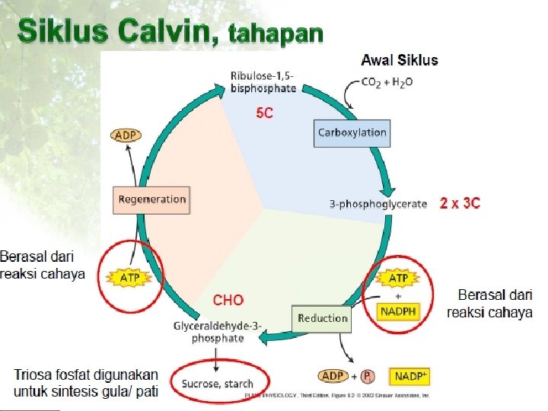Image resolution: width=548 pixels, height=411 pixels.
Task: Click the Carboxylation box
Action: pyautogui.click(x=352, y=132)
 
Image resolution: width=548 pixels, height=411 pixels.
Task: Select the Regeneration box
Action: pyautogui.click(x=151, y=199)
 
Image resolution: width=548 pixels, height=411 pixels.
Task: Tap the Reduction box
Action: pyautogui.click(x=323, y=318)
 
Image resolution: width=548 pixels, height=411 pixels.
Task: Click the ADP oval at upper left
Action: pyautogui.click(x=125, y=135)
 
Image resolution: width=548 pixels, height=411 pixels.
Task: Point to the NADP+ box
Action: pyautogui.click(x=411, y=377)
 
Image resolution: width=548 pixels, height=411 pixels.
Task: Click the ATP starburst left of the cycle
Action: pyautogui.click(x=130, y=278)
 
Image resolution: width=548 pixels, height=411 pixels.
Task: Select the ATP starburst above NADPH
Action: pyautogui.click(x=398, y=279)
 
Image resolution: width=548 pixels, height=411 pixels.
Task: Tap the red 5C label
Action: pyautogui.click(x=265, y=113)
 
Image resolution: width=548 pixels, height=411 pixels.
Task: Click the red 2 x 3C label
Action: pyautogui.click(x=460, y=203)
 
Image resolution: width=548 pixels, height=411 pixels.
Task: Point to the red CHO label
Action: pyautogui.click(x=228, y=301)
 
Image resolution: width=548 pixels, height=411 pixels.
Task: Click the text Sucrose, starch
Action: pyautogui.click(x=217, y=384)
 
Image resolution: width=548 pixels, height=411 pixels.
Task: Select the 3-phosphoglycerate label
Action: pyautogui.click(x=378, y=204)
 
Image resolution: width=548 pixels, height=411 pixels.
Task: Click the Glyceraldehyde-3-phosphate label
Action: pyautogui.click(x=218, y=332)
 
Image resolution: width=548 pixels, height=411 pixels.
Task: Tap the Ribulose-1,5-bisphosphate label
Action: pyautogui.click(x=263, y=81)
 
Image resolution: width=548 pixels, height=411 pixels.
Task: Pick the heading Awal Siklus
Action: pyautogui.click(x=400, y=60)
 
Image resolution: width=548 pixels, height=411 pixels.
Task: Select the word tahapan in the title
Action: pyautogui.click(x=276, y=35)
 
